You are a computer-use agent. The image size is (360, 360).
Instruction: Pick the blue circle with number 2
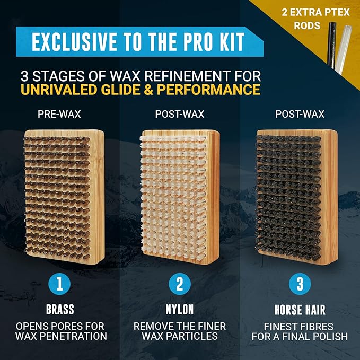180,285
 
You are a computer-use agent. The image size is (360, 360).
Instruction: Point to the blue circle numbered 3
300,285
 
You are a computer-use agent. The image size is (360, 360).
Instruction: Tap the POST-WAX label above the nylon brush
180,114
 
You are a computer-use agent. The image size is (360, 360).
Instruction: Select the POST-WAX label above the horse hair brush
300,114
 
